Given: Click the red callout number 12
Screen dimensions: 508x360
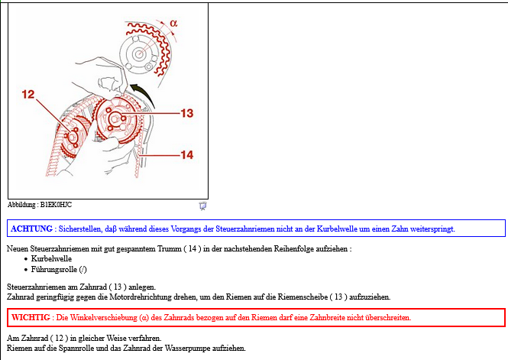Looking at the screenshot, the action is click(28, 94).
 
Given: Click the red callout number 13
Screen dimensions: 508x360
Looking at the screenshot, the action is click(187, 113).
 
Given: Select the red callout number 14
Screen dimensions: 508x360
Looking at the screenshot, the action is click(187, 155).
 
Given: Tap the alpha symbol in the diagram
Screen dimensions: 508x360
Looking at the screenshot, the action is click(173, 24).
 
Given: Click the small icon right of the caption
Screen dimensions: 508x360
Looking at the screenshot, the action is click(202, 206).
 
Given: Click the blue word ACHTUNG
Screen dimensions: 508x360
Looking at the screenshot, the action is click(32, 229).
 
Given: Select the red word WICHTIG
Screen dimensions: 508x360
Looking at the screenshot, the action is click(31, 317).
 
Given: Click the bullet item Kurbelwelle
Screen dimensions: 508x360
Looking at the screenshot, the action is click(51, 258).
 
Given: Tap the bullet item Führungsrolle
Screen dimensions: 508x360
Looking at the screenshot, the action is click(59, 269).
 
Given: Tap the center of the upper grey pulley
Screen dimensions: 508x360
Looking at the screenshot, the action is click(139, 54).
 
